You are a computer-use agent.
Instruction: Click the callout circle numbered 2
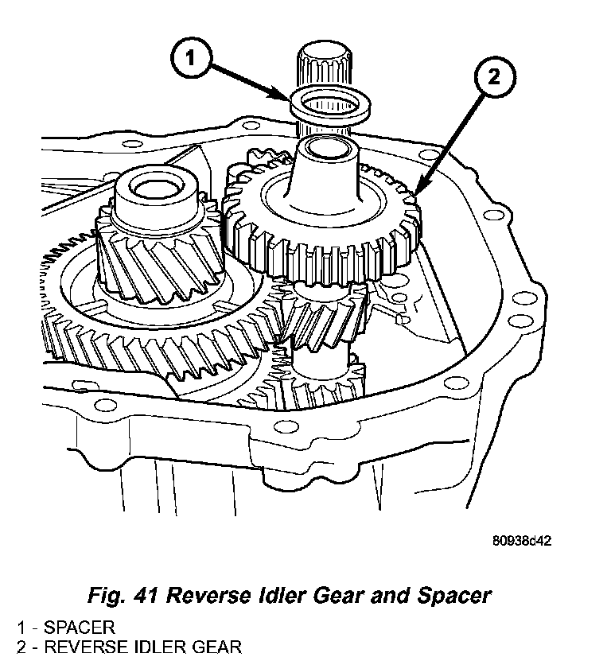coord(493,78)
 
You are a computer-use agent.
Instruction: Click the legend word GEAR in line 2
coord(212,645)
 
